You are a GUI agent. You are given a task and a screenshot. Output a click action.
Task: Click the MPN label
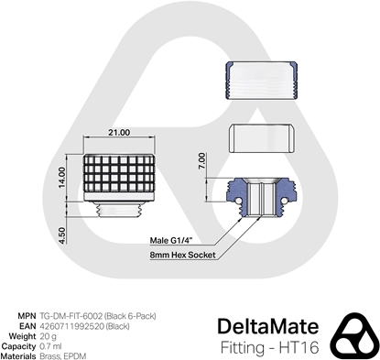pyautogui.click(x=27, y=315)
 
